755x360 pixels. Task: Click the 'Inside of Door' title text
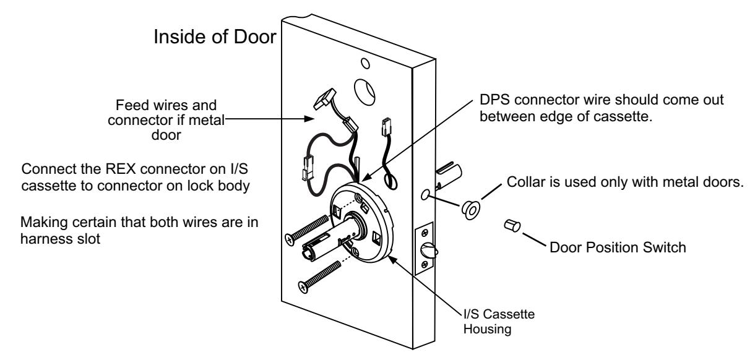[x=215, y=36]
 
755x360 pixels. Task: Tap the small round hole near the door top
[x=365, y=63]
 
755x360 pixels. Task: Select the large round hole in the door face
[x=365, y=92]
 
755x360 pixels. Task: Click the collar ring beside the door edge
[x=471, y=210]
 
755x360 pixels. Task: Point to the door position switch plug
[x=512, y=225]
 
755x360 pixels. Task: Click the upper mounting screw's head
[x=290, y=240]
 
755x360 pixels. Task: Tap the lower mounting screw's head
[x=303, y=287]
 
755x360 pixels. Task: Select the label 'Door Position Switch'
[x=618, y=247]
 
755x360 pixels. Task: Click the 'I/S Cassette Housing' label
[x=499, y=321]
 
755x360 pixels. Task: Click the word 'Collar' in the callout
[x=524, y=182]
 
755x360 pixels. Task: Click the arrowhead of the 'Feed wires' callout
[x=309, y=119]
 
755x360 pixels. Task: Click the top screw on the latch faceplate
[x=425, y=232]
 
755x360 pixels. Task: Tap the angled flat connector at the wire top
[x=325, y=99]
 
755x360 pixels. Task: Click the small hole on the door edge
[x=425, y=194]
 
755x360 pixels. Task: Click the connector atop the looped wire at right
[x=386, y=127]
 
